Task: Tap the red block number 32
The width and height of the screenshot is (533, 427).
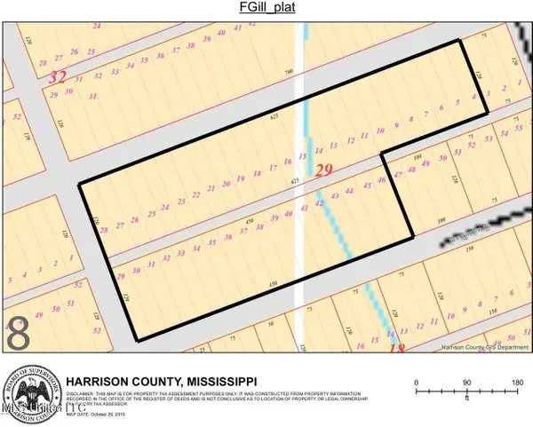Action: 59,76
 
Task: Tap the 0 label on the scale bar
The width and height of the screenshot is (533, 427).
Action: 417,382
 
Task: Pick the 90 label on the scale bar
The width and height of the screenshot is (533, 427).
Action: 465,382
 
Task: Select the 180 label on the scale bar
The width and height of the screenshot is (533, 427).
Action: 515,382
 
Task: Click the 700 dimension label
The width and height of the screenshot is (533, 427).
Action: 289,72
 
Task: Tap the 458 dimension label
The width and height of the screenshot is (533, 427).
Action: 250,221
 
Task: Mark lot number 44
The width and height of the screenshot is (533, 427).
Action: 351,191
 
